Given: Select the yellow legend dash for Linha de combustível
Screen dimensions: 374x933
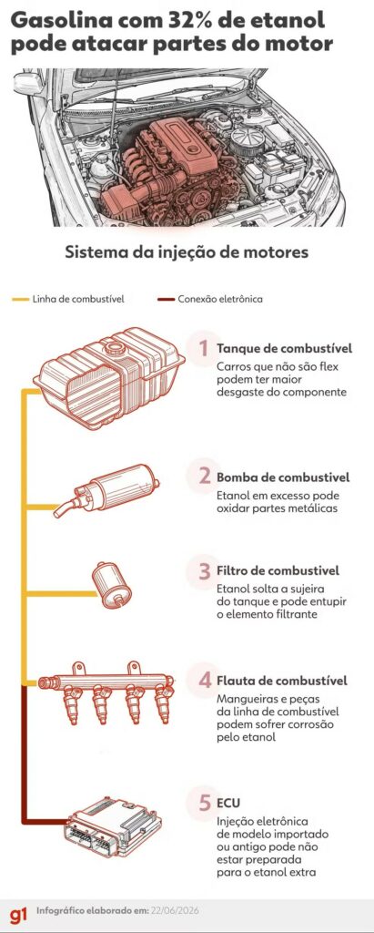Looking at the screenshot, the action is (x=20, y=299).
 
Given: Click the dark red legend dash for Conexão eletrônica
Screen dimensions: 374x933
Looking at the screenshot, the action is (x=166, y=299).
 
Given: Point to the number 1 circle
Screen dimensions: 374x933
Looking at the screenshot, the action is (x=203, y=348).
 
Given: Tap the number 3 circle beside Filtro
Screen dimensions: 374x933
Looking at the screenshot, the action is (x=203, y=571).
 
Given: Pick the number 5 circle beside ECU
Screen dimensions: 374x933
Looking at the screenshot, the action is (x=204, y=803).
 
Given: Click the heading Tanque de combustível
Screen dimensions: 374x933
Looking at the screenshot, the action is (x=284, y=348).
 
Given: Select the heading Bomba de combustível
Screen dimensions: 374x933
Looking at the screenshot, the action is (x=283, y=477).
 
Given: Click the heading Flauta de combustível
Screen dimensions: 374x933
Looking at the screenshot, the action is (x=282, y=680).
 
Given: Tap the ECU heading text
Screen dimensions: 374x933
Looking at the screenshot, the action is (x=228, y=803).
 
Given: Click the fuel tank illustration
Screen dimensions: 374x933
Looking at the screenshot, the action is (x=109, y=378).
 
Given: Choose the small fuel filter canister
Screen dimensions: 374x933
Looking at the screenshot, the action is (x=111, y=584).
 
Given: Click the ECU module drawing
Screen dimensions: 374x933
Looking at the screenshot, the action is (x=113, y=827).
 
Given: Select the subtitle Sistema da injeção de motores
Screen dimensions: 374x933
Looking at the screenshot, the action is (x=187, y=251).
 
